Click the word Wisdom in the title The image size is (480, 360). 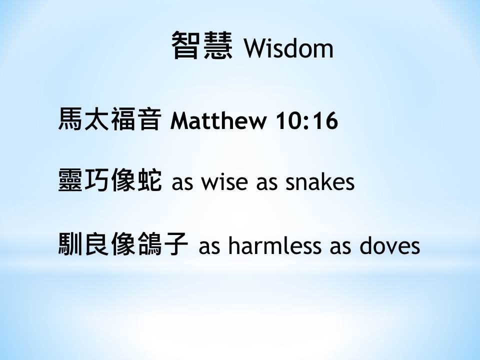[288, 48]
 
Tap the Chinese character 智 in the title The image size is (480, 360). [185, 45]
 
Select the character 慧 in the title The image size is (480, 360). [218, 45]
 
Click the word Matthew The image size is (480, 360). [218, 120]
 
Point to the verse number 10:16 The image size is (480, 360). [306, 120]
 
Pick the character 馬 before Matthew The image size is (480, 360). [70, 119]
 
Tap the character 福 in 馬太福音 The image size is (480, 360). [123, 119]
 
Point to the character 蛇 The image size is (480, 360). [149, 180]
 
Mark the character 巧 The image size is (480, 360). [96, 180]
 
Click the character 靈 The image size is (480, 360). [70, 180]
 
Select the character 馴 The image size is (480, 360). [70, 243]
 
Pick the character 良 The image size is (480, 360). [96, 243]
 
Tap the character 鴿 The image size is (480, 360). [149, 243]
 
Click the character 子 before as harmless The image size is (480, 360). [176, 243]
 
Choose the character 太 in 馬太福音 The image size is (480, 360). [96, 119]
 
